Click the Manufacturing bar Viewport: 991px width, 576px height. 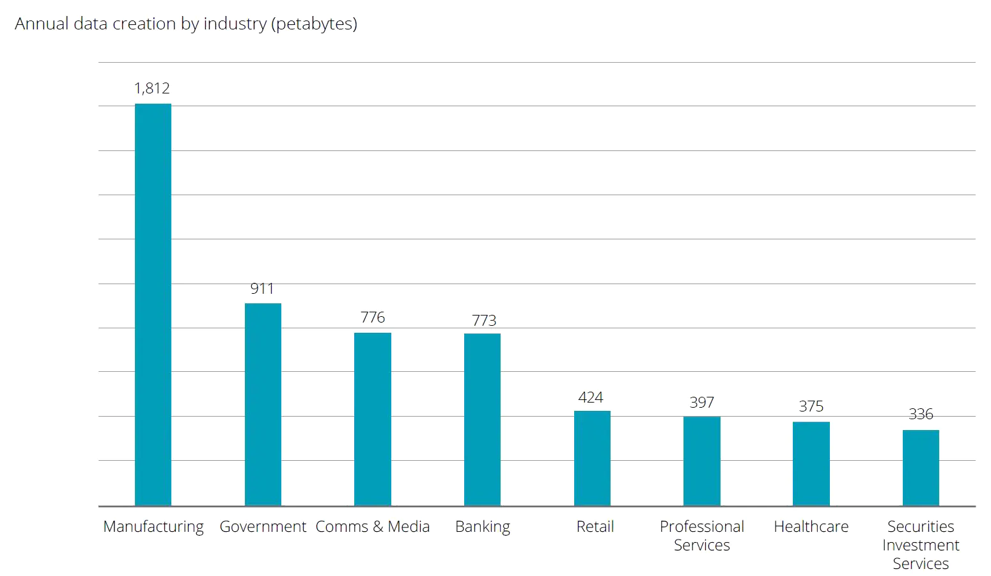pyautogui.click(x=153, y=305)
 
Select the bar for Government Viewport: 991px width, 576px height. pyautogui.click(x=263, y=404)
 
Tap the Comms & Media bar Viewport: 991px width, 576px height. pyautogui.click(x=373, y=419)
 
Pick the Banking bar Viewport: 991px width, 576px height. pyautogui.click(x=482, y=420)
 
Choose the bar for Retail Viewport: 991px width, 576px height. pyautogui.click(x=592, y=458)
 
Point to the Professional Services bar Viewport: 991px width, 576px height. pyautogui.click(x=701, y=461)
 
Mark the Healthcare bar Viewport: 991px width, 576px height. pyautogui.click(x=811, y=463)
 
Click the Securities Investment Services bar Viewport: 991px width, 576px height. pyautogui.click(x=921, y=468)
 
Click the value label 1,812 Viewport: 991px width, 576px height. pyautogui.click(x=152, y=88)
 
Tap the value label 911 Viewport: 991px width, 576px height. pyautogui.click(x=262, y=289)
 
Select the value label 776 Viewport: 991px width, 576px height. pyautogui.click(x=373, y=317)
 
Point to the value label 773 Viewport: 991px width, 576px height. pyautogui.click(x=484, y=320)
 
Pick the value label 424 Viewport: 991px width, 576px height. pyautogui.click(x=591, y=397)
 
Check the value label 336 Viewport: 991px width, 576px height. pyautogui.click(x=921, y=414)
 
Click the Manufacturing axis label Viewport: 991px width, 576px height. pyautogui.click(x=153, y=527)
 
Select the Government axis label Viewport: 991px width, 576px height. pyautogui.click(x=263, y=527)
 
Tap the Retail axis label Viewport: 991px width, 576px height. pyautogui.click(x=595, y=527)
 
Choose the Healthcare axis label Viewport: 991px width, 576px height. pyautogui.click(x=811, y=527)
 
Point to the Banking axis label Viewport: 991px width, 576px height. pyautogui.click(x=483, y=527)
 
